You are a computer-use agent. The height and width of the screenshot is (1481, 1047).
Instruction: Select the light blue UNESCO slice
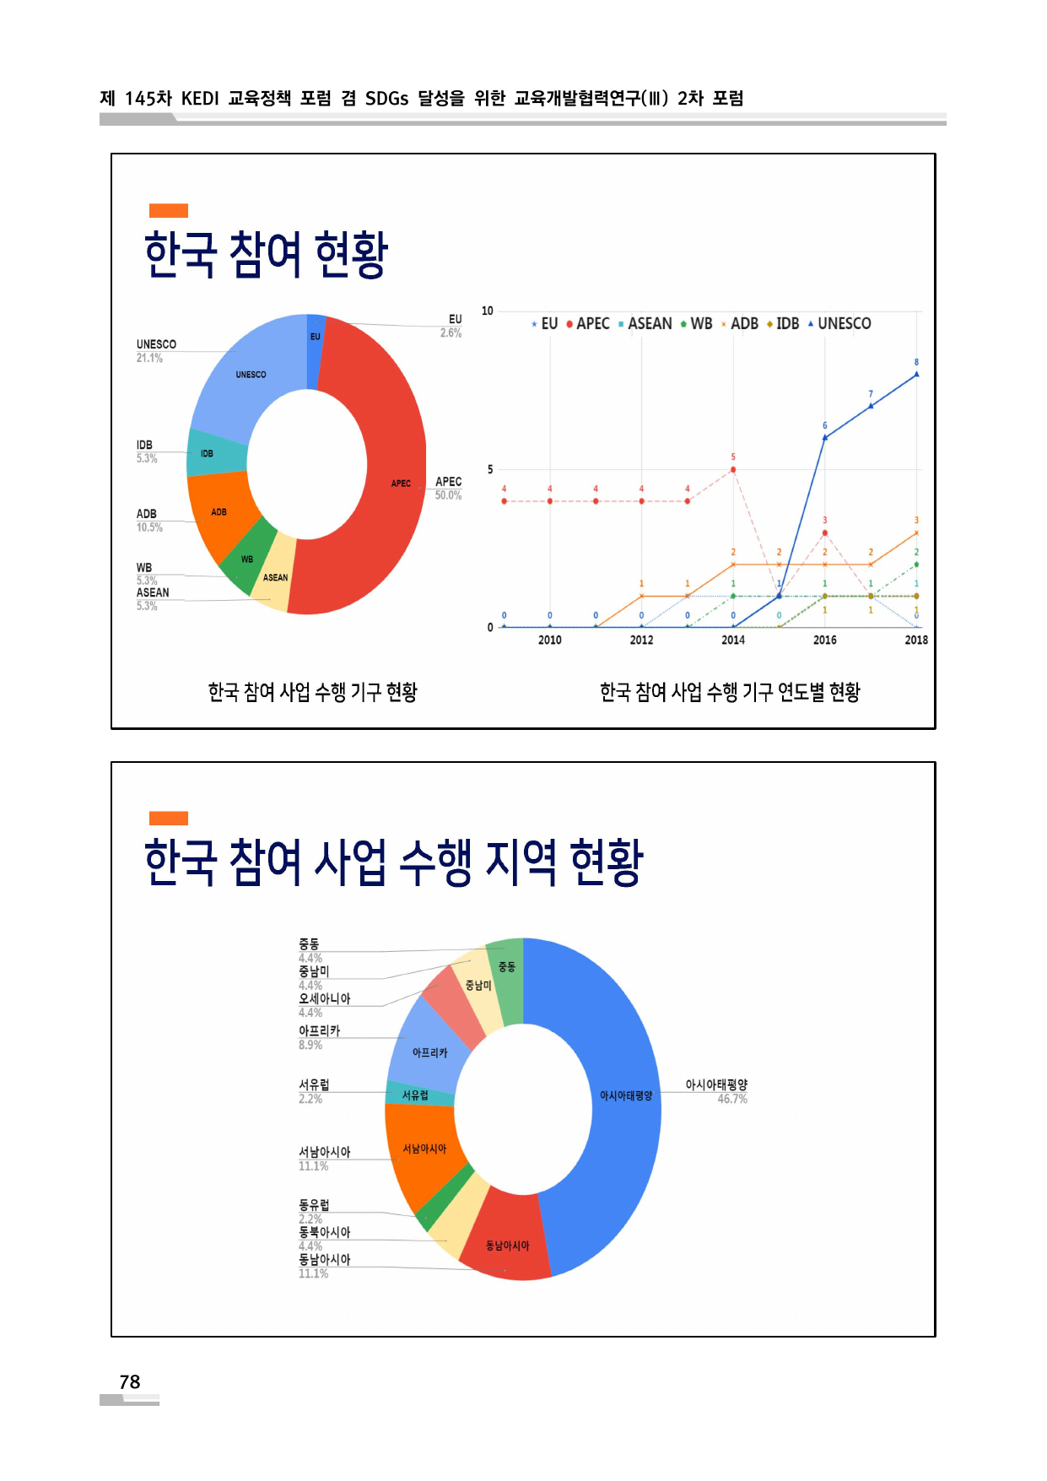pyautogui.click(x=253, y=371)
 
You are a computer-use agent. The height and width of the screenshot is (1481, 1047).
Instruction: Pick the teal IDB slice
pyautogui.click(x=211, y=453)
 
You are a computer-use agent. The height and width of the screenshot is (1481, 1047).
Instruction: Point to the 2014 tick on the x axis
pyautogui.click(x=733, y=640)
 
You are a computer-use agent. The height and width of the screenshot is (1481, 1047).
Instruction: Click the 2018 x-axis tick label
pyautogui.click(x=916, y=640)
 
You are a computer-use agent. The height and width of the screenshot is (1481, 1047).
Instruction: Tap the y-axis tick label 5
pyautogui.click(x=490, y=469)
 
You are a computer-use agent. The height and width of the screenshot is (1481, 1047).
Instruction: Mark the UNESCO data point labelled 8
pyautogui.click(x=916, y=374)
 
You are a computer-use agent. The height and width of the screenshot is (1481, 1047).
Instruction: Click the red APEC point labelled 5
pyautogui.click(x=733, y=469)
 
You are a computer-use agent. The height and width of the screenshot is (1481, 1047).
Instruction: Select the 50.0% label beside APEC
pyautogui.click(x=448, y=495)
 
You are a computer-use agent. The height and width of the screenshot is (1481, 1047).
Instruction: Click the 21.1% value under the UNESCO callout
pyautogui.click(x=149, y=358)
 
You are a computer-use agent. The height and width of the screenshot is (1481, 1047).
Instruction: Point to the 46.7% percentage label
pyautogui.click(x=732, y=1099)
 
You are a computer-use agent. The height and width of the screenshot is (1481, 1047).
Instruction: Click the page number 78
pyautogui.click(x=130, y=1381)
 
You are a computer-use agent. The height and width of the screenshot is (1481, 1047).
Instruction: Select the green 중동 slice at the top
pyautogui.click(x=507, y=967)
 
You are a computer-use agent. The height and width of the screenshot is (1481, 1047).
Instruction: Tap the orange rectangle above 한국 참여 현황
pyautogui.click(x=169, y=210)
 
